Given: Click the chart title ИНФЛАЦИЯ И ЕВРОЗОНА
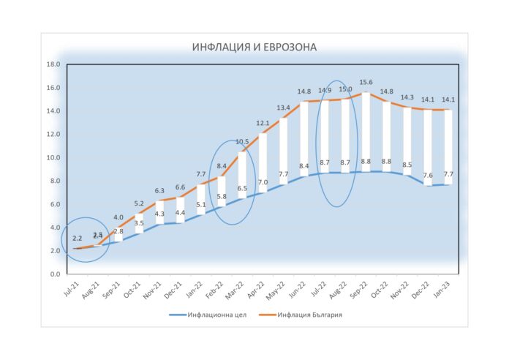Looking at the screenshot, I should click(254, 48).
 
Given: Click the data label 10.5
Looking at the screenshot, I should click(242, 142).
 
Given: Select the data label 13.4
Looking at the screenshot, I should click(284, 108).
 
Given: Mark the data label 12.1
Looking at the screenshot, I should click(263, 124).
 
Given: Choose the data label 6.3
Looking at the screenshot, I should click(159, 191).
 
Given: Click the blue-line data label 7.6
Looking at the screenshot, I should click(428, 176).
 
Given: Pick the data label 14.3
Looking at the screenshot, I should click(407, 97).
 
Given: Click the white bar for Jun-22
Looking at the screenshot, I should click(304, 138).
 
